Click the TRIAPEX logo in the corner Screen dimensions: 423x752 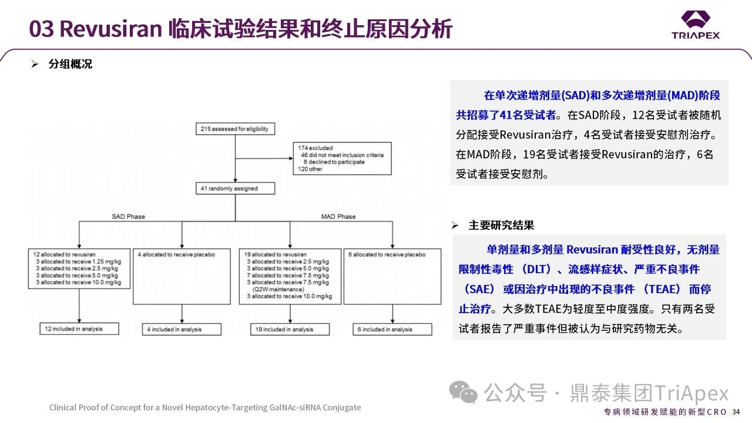696,25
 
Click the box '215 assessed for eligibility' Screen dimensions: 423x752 235,129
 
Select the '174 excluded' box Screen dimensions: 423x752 343,159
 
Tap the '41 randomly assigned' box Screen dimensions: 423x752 235,189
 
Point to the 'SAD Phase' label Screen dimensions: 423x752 128,217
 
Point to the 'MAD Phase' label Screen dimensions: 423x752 338,217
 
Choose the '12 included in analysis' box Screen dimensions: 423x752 79,329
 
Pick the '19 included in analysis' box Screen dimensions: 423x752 290,330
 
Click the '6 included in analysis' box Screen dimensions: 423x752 392,330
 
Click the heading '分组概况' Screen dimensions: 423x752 70,64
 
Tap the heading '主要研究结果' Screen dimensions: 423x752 501,225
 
